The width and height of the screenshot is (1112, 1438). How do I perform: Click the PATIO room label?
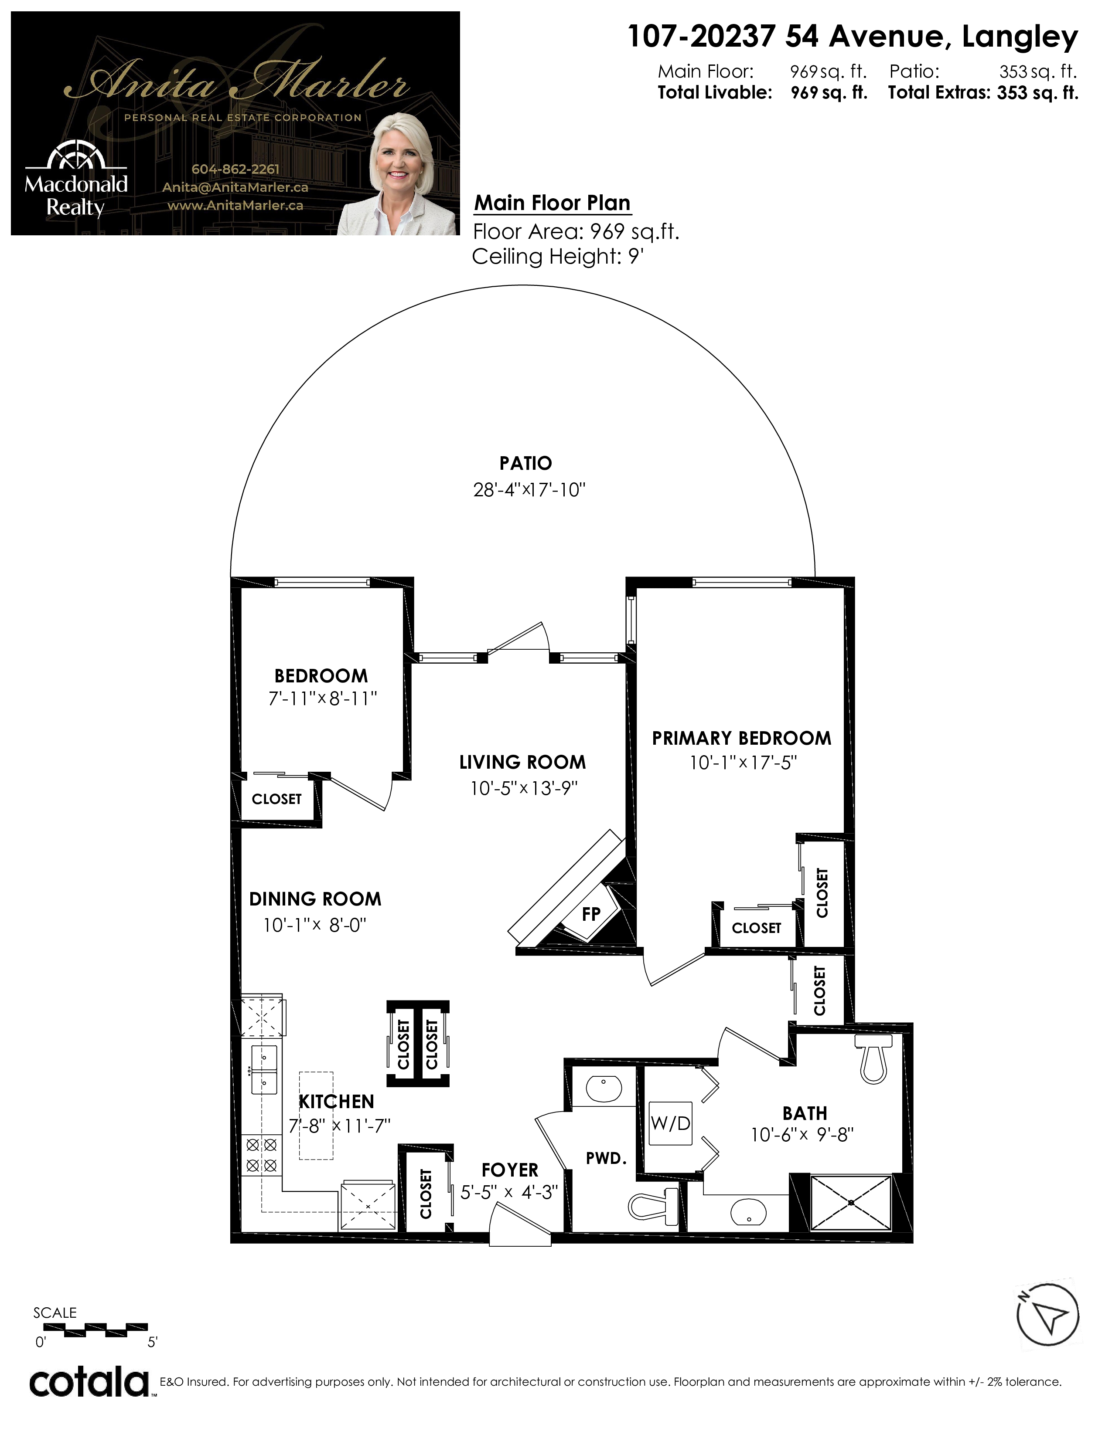pos(525,464)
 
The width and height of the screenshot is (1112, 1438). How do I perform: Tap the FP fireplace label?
pos(591,914)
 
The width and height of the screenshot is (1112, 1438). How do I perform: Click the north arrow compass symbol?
pos(1047,1314)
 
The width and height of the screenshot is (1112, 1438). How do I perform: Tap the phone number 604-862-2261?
pos(235,169)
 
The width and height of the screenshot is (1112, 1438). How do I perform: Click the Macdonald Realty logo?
pos(76,179)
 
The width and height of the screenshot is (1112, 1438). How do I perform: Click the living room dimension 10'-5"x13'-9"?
pos(524,788)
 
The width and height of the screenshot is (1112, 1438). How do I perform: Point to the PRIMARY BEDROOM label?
pos(742,738)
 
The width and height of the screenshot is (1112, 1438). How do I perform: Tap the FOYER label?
pos(510,1170)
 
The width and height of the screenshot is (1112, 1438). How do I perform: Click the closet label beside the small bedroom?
pos(276,799)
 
